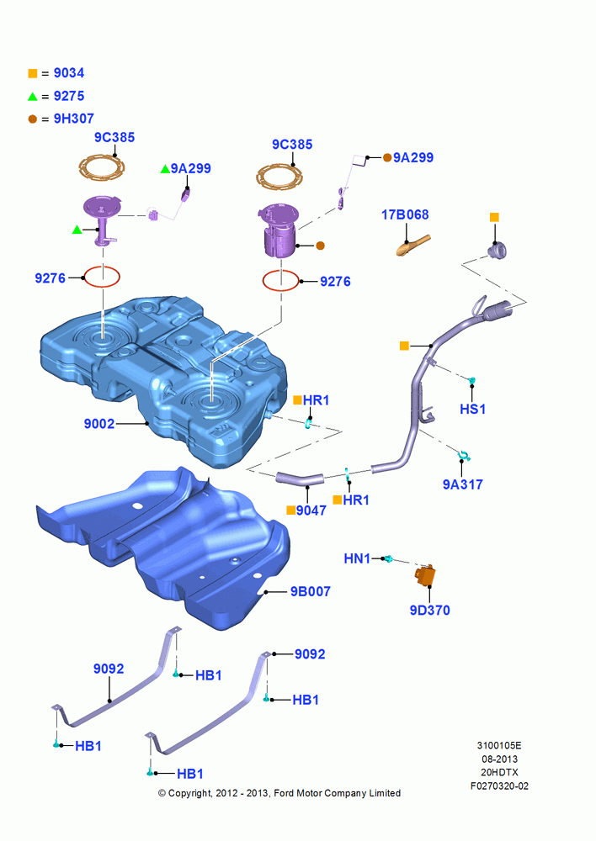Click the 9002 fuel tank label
(99, 424)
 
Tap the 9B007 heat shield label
(311, 591)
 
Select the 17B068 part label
(405, 215)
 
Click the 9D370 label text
(429, 611)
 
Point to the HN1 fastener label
(357, 559)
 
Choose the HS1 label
(472, 410)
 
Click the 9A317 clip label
(462, 484)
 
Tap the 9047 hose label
(311, 510)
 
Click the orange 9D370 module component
(425, 575)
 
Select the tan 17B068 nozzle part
(412, 246)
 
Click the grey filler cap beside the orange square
(498, 250)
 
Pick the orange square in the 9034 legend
(33, 73)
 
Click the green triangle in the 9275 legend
(33, 97)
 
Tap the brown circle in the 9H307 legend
(33, 119)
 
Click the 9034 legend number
(69, 73)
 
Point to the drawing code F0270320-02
(499, 786)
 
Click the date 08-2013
(499, 759)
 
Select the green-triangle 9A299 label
(191, 169)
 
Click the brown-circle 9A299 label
(413, 158)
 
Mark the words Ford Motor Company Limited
(338, 793)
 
